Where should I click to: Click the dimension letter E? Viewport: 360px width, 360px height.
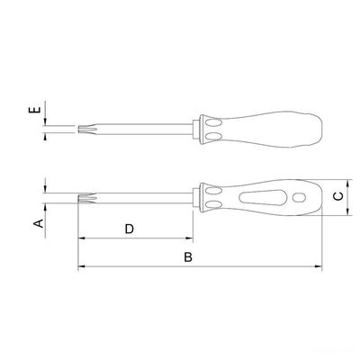[35, 110]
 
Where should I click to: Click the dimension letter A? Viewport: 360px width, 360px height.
[39, 223]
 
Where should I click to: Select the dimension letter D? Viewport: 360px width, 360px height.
[130, 229]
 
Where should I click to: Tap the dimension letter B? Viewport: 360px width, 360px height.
[188, 257]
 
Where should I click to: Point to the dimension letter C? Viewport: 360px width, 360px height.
[338, 196]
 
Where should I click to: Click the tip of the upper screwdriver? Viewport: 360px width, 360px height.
[78, 130]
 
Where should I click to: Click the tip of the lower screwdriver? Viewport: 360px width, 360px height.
[78, 198]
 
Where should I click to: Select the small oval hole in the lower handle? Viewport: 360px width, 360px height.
[299, 197]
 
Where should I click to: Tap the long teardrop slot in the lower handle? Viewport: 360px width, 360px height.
[262, 198]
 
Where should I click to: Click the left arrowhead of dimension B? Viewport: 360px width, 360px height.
[80, 266]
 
